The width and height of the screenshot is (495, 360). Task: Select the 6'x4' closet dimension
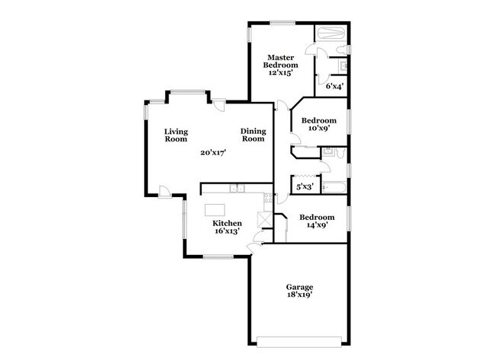pyautogui.click(x=334, y=86)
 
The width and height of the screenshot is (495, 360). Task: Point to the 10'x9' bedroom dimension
pyautogui.click(x=318, y=129)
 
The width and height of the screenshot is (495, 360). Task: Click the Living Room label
pyautogui.click(x=176, y=135)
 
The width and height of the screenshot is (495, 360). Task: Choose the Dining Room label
pyautogui.click(x=253, y=135)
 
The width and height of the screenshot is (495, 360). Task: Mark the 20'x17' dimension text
pyautogui.click(x=213, y=152)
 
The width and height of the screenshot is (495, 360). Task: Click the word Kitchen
pyautogui.click(x=227, y=223)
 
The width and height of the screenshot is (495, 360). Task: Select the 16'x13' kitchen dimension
pyautogui.click(x=227, y=231)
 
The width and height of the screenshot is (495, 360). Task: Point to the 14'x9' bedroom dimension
pyautogui.click(x=316, y=225)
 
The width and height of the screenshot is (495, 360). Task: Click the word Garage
pyautogui.click(x=299, y=287)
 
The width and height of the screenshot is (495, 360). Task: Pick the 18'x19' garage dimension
pyautogui.click(x=299, y=295)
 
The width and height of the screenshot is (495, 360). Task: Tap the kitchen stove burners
pyautogui.click(x=267, y=198)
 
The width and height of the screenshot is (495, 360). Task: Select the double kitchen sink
pyautogui.click(x=238, y=187)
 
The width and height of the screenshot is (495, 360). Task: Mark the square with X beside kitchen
pyautogui.click(x=265, y=220)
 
